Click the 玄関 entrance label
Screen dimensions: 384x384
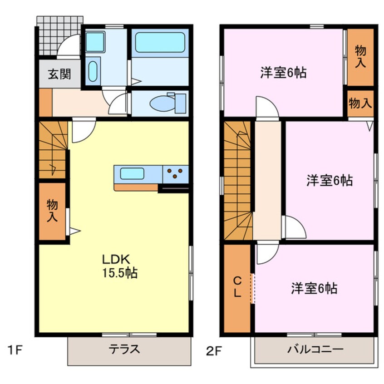click(x=59, y=74)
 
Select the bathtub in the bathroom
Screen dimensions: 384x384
click(x=160, y=43)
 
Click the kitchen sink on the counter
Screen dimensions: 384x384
click(x=132, y=173)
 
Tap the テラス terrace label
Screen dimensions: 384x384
click(x=124, y=350)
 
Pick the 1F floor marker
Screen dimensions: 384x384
click(x=15, y=350)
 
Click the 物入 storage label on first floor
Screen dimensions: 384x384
click(x=52, y=211)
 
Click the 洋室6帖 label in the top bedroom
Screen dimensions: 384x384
click(x=283, y=73)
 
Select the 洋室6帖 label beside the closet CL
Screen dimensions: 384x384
click(x=314, y=288)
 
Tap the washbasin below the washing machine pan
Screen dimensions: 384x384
click(x=93, y=71)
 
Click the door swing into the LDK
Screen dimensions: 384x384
click(x=82, y=131)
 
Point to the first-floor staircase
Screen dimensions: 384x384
click(x=52, y=150)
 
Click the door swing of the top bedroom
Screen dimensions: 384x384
click(x=266, y=108)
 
